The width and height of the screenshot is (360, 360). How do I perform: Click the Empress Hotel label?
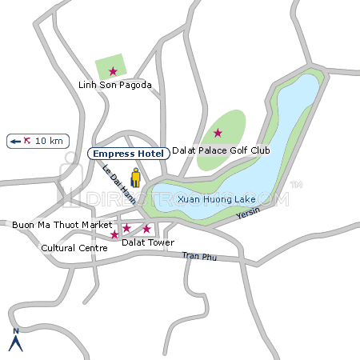coord(128,154)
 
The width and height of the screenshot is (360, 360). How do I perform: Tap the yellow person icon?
coord(136,178)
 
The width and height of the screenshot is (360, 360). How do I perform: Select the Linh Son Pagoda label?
coord(114,85)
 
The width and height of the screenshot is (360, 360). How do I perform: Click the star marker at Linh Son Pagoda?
coord(113,70)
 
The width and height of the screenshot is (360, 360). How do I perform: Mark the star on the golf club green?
coord(218,132)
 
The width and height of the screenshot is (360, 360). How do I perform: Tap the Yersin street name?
coord(249,212)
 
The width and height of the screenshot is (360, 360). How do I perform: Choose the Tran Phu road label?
coord(199,256)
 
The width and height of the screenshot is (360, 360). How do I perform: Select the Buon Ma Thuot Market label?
coord(62,226)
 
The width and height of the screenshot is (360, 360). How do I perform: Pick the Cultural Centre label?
coord(74,248)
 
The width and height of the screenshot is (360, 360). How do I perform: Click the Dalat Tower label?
coord(147,242)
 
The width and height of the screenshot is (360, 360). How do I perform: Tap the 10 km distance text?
coord(48,141)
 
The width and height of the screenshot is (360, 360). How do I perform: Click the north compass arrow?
coord(14,344)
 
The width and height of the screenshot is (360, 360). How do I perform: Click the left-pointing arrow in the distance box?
coord(15,141)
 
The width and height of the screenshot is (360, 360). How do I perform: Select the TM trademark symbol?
coord(295,185)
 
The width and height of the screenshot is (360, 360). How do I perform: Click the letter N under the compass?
coord(14,331)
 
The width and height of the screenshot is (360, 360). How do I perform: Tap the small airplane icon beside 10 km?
coord(28,141)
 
